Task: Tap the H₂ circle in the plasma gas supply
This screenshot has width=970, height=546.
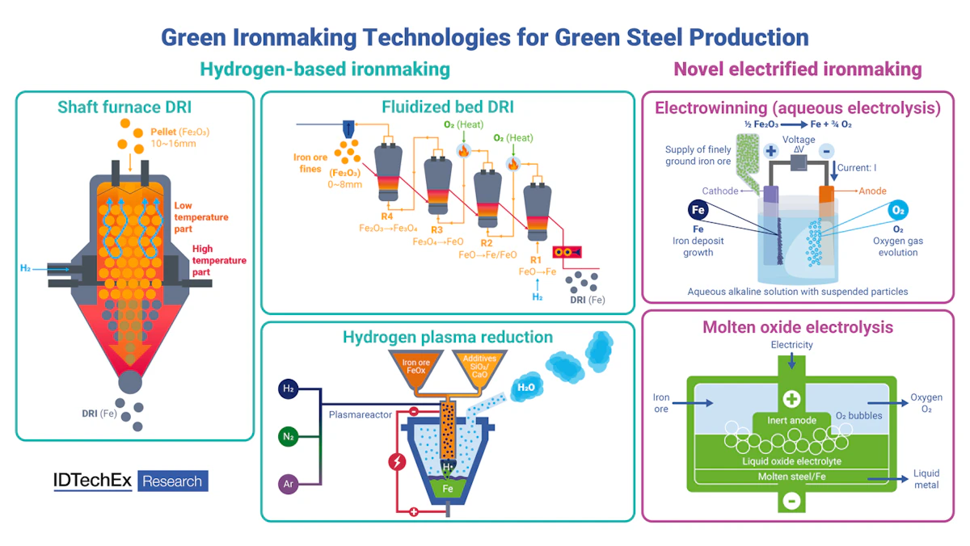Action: (289, 389)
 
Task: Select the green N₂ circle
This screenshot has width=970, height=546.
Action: (289, 437)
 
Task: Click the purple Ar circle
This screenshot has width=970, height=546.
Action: (289, 485)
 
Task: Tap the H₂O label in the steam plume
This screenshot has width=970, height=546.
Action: (525, 388)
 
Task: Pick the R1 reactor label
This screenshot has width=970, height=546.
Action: (535, 259)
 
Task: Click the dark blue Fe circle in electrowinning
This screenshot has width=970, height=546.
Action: (698, 211)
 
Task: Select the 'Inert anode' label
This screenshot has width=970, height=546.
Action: (791, 421)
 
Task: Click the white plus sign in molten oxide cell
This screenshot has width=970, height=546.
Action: (791, 399)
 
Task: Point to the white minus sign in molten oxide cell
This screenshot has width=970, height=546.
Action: (791, 501)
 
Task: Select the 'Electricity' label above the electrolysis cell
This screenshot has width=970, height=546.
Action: (791, 345)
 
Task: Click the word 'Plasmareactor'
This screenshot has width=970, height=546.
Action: (361, 415)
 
